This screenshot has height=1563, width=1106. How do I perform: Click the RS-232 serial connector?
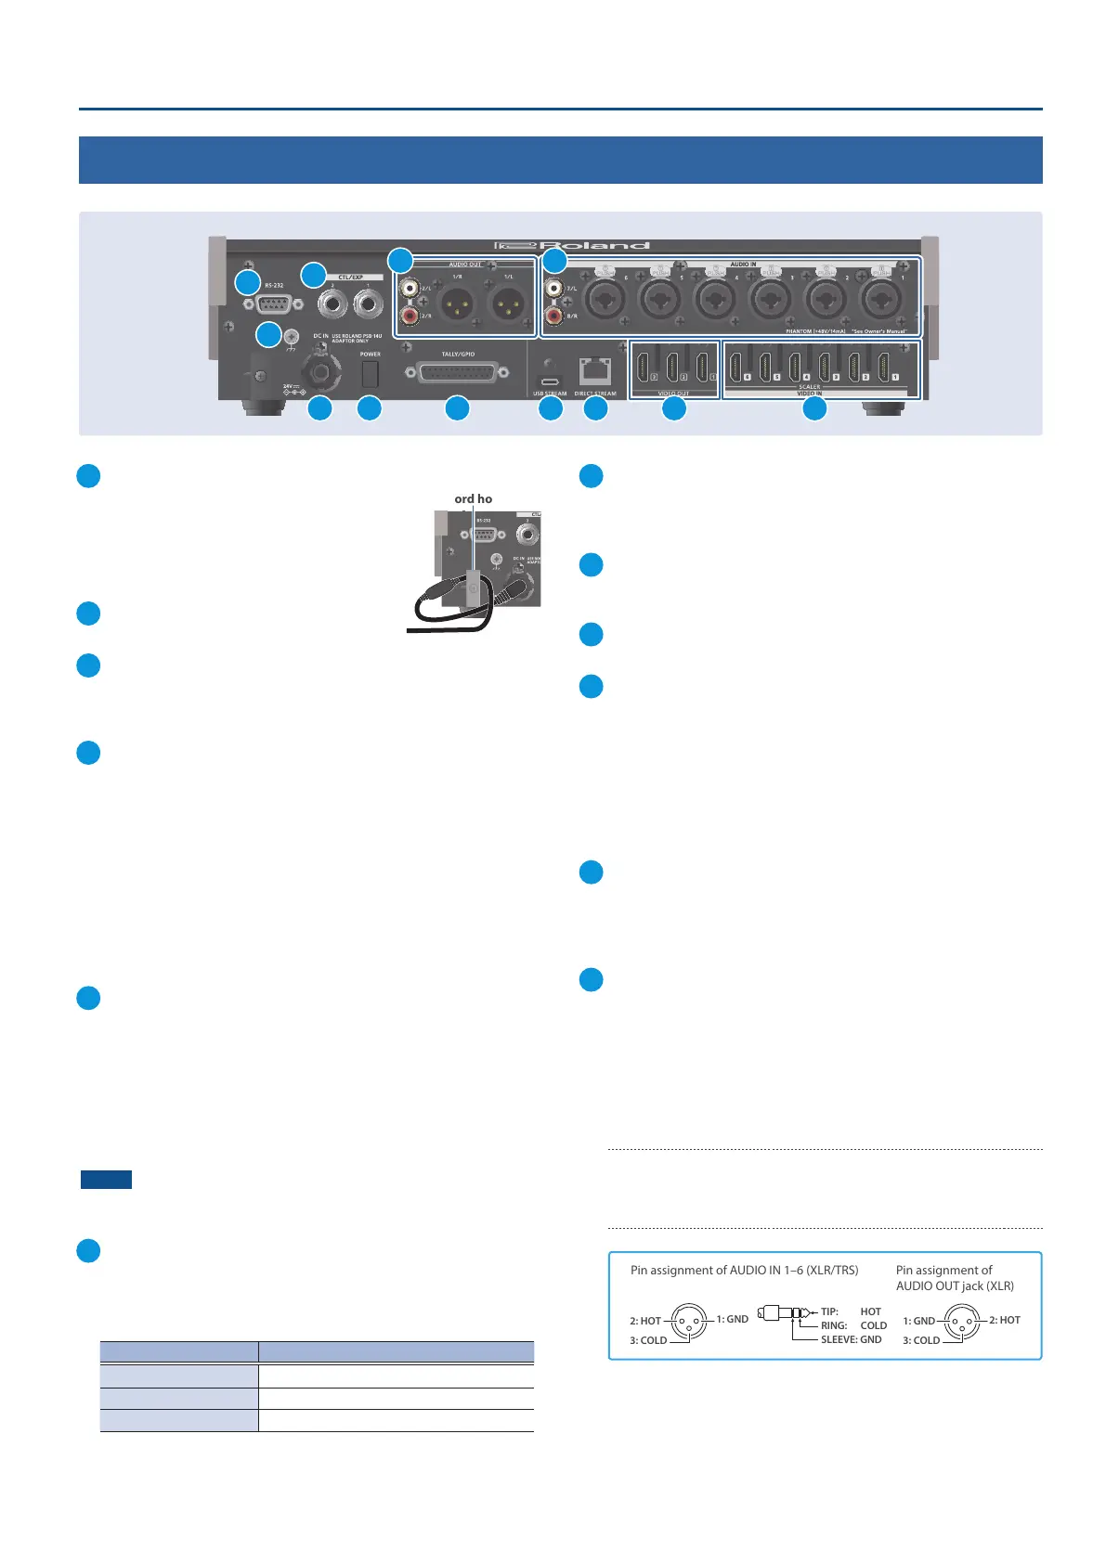pos(272,304)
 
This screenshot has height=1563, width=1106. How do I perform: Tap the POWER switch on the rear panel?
pos(370,373)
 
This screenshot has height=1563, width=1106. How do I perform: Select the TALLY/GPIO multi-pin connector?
pos(457,372)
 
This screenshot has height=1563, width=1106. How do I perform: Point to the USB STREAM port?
pos(550,381)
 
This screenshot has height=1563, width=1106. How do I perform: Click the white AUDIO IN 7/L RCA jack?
pos(554,289)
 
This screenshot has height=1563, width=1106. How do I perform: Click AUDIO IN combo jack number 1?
pos(878,299)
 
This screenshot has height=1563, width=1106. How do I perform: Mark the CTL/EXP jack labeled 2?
pos(333,303)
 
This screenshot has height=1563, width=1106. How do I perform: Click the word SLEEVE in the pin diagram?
pos(839,1339)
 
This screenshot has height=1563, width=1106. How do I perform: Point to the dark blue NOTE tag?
pos(106,1180)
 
